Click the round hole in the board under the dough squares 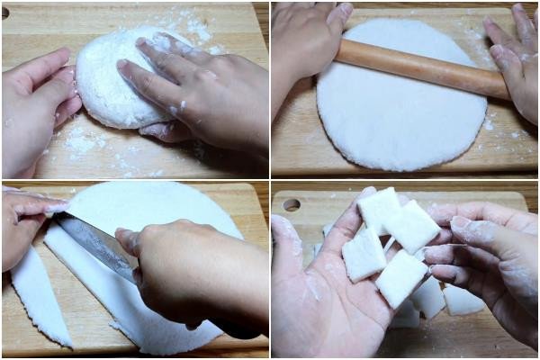tap(291, 204)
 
